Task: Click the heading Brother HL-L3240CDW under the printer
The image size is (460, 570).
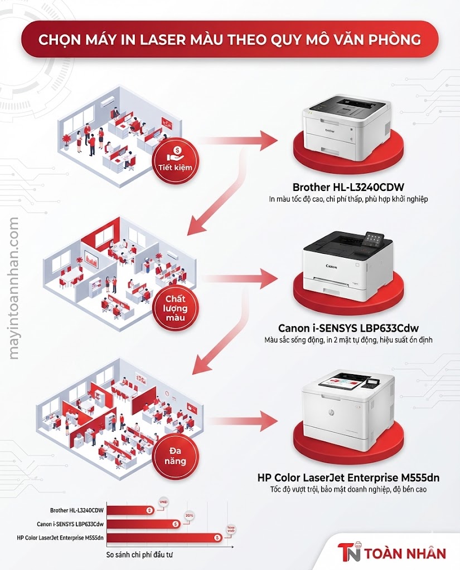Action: [x=348, y=187]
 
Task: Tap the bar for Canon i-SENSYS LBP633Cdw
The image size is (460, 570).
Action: [x=142, y=524]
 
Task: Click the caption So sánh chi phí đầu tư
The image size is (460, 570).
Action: [x=144, y=555]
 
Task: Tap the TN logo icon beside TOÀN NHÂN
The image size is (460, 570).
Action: [x=350, y=553]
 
